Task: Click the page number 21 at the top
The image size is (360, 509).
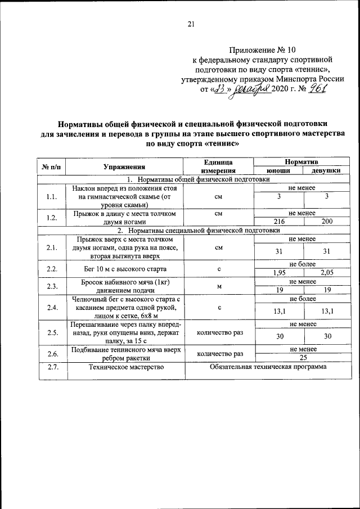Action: [190, 24]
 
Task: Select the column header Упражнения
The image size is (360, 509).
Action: [124, 166]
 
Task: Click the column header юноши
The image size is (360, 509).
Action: [278, 170]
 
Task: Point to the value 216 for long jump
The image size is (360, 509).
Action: [278, 222]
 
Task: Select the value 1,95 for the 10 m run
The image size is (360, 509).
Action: [278, 273]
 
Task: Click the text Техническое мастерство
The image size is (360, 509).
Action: [124, 367]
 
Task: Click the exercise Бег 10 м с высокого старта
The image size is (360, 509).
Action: [124, 269]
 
